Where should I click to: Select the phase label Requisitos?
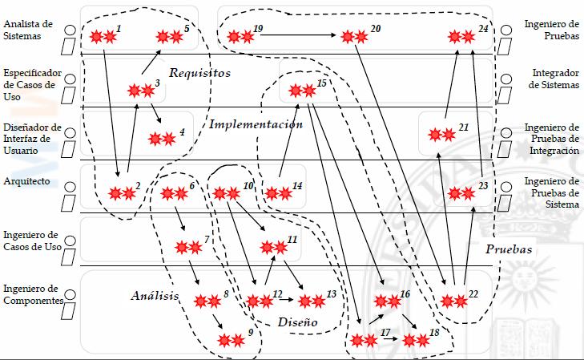click(x=199, y=73)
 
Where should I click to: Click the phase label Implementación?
click(x=256, y=124)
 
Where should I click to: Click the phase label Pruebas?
click(x=509, y=249)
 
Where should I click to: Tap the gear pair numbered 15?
click(x=301, y=91)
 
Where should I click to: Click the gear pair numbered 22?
click(x=453, y=301)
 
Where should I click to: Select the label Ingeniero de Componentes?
click(x=32, y=293)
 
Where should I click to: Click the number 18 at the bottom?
click(x=434, y=332)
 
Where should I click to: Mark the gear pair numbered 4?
click(x=162, y=138)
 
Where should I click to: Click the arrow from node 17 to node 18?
click(x=389, y=340)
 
